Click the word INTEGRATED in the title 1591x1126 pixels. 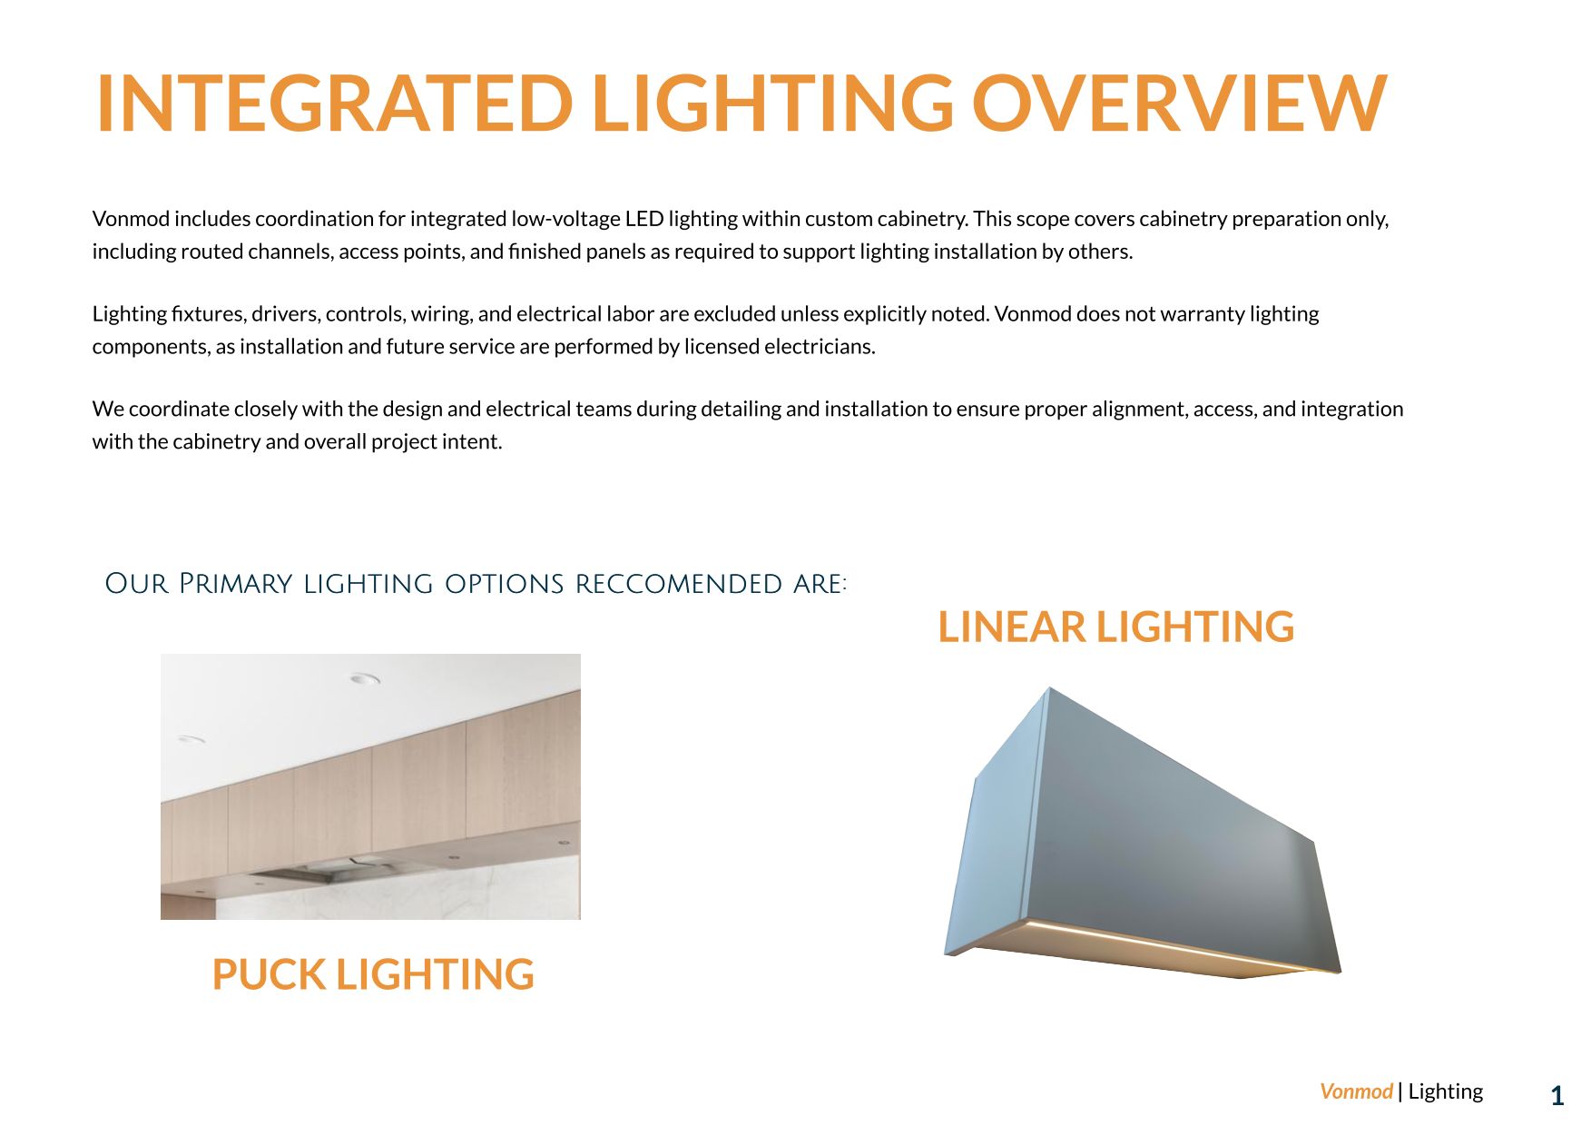334,104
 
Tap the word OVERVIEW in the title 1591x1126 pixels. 1179,104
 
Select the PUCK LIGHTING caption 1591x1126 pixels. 372,974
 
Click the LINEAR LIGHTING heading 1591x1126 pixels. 1115,627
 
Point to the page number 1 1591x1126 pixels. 1557,1096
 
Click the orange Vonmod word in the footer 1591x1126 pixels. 1355,1091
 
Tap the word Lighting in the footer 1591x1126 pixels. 1445,1091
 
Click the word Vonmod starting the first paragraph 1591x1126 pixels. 131,219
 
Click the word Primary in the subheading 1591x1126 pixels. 235,584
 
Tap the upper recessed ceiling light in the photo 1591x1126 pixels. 365,678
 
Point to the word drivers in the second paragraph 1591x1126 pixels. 285,314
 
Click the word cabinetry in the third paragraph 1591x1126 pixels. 217,442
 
